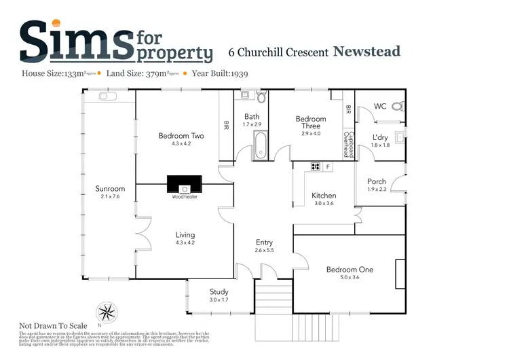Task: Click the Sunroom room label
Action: [110, 189]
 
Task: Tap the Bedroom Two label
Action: [181, 136]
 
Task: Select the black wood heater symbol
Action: [185, 184]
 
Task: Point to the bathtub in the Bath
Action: [261, 145]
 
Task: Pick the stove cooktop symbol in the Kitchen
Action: [316, 166]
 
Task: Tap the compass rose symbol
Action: [107, 313]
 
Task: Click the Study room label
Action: [219, 291]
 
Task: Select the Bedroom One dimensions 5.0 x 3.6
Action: [350, 278]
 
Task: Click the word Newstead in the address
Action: [367, 52]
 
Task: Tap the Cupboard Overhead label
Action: [347, 143]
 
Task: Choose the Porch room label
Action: [377, 181]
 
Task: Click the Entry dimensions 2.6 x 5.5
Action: [264, 251]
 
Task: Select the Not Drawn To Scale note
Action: [53, 325]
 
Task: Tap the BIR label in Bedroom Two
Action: [226, 125]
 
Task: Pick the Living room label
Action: [185, 235]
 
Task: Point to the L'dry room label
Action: [379, 137]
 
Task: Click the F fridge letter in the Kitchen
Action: [328, 166]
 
